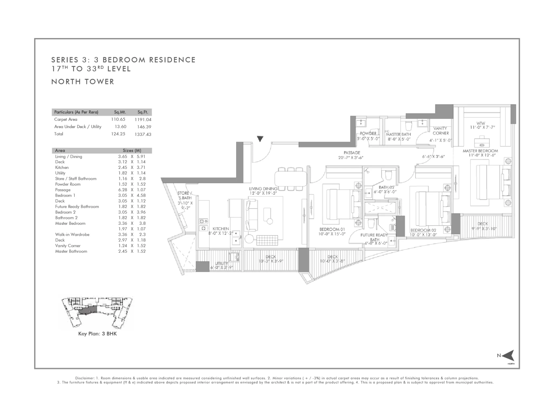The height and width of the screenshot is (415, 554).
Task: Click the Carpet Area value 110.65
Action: point(118,119)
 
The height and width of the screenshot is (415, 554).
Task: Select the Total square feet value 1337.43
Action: point(143,134)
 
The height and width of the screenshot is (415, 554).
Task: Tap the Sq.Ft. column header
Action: point(143,112)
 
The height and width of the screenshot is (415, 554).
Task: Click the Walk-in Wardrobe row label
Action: point(72,235)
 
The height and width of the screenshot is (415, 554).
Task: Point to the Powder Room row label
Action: point(68,184)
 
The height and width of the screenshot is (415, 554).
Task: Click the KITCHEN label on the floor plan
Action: point(221,229)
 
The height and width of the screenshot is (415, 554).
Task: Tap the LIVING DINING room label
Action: point(263,189)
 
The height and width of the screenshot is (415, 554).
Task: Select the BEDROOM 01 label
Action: point(332,229)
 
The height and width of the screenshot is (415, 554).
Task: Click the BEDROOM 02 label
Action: point(423,230)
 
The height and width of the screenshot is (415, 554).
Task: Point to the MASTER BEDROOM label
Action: point(480,151)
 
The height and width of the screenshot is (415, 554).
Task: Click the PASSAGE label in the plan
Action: point(352,153)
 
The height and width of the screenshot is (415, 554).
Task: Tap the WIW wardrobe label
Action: point(481,123)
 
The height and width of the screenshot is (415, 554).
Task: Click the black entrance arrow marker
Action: point(260,139)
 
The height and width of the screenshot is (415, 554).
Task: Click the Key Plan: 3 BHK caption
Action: point(97,334)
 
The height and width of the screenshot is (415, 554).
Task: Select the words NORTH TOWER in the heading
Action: point(83,82)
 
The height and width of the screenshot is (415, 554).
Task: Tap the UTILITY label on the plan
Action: point(222,263)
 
